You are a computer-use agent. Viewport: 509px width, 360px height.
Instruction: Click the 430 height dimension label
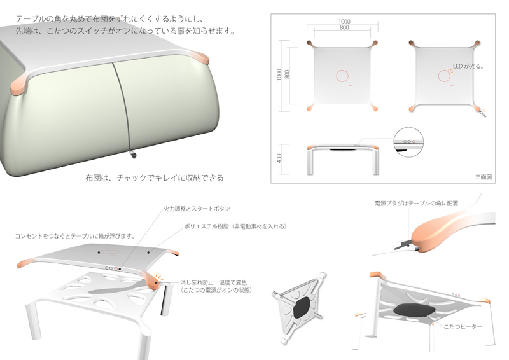[x=279, y=158]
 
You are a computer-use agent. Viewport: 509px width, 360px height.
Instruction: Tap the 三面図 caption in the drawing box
[x=484, y=177]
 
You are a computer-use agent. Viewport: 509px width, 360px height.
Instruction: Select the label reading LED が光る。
[x=468, y=66]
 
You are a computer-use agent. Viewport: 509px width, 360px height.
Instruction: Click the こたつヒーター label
[x=463, y=326]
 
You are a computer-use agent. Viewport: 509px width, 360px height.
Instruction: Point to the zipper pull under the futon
[x=133, y=155]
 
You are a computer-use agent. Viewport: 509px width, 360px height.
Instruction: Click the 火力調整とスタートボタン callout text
[x=197, y=209]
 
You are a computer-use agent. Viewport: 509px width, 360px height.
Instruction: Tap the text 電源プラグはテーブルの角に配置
[x=417, y=204]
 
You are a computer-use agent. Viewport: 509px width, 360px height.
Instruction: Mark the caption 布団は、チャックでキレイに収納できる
[x=155, y=178]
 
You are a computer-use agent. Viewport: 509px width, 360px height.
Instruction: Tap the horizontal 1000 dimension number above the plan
[x=344, y=22]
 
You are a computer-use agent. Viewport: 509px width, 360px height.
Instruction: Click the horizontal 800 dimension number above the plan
[x=344, y=27]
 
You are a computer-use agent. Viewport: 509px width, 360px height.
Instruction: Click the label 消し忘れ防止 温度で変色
[x=213, y=282]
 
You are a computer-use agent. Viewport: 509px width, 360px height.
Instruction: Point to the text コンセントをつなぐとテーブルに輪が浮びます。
[x=75, y=236]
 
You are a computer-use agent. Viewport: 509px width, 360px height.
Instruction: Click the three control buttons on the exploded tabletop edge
[x=111, y=268]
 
